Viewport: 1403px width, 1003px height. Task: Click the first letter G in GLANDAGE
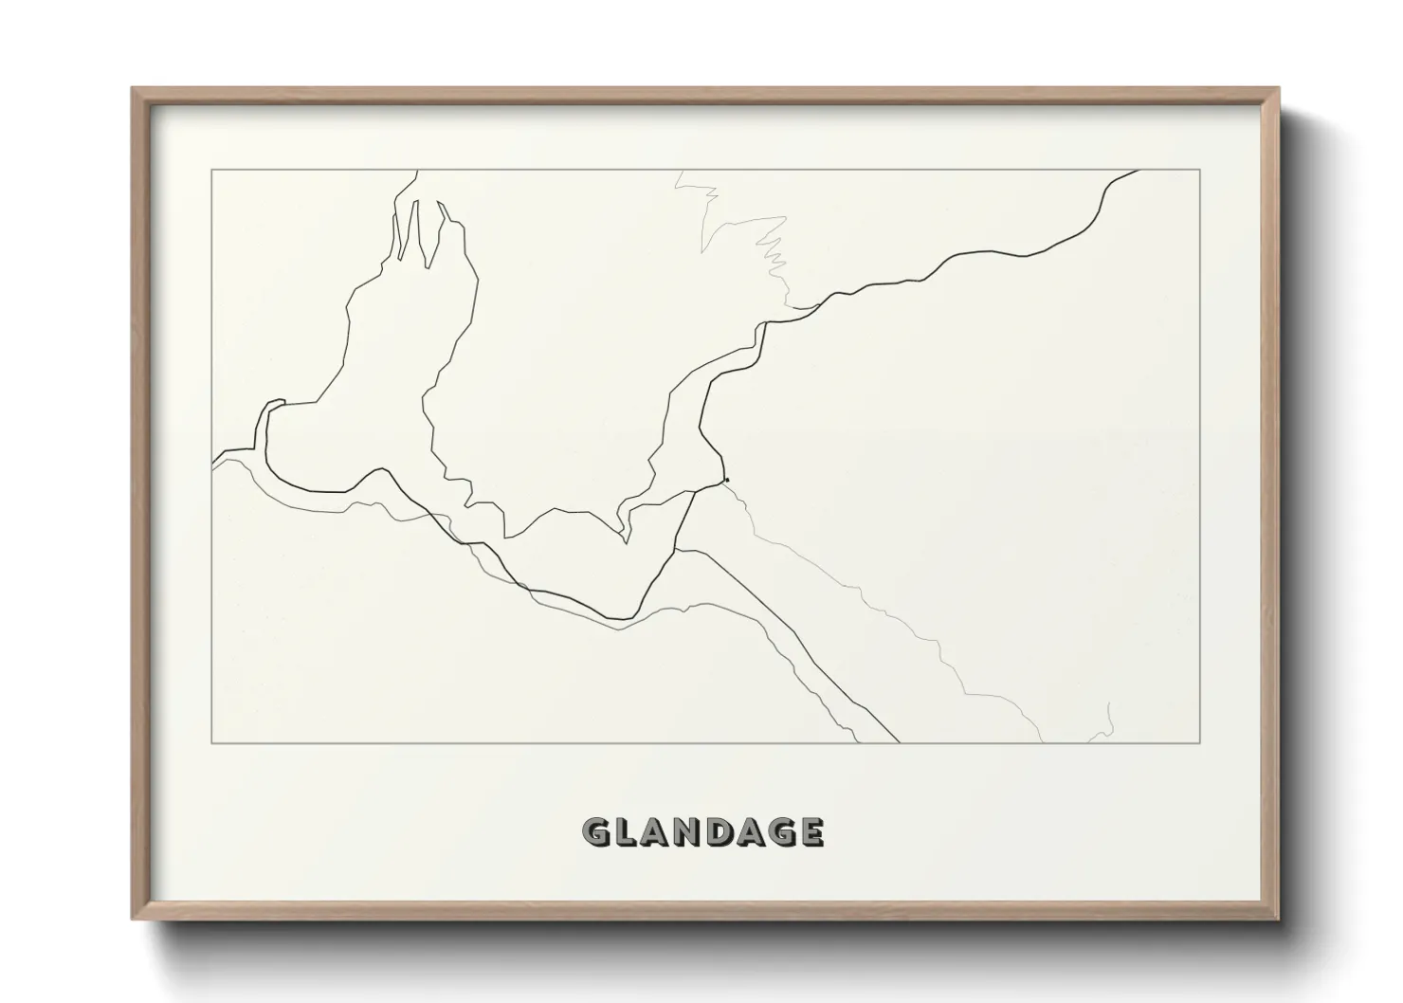tap(598, 832)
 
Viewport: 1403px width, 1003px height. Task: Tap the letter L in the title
tap(629, 832)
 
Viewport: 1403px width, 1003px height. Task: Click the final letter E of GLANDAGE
tap(811, 832)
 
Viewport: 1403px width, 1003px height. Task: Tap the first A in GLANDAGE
tap(660, 832)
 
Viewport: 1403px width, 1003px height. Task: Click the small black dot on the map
tap(726, 480)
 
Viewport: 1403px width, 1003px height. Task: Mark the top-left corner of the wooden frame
tap(132, 88)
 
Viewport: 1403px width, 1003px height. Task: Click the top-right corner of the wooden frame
tap(1279, 88)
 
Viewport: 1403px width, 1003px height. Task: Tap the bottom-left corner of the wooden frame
tap(132, 919)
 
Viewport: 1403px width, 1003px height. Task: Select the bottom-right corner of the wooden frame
tap(1279, 919)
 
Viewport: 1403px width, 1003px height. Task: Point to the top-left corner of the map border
tap(211, 170)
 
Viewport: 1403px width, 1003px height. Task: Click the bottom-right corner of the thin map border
tap(1200, 742)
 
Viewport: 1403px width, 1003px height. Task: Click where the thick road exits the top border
tap(1138, 171)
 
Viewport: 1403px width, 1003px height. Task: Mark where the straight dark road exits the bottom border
tap(898, 741)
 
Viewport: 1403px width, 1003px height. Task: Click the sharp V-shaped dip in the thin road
tap(625, 542)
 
